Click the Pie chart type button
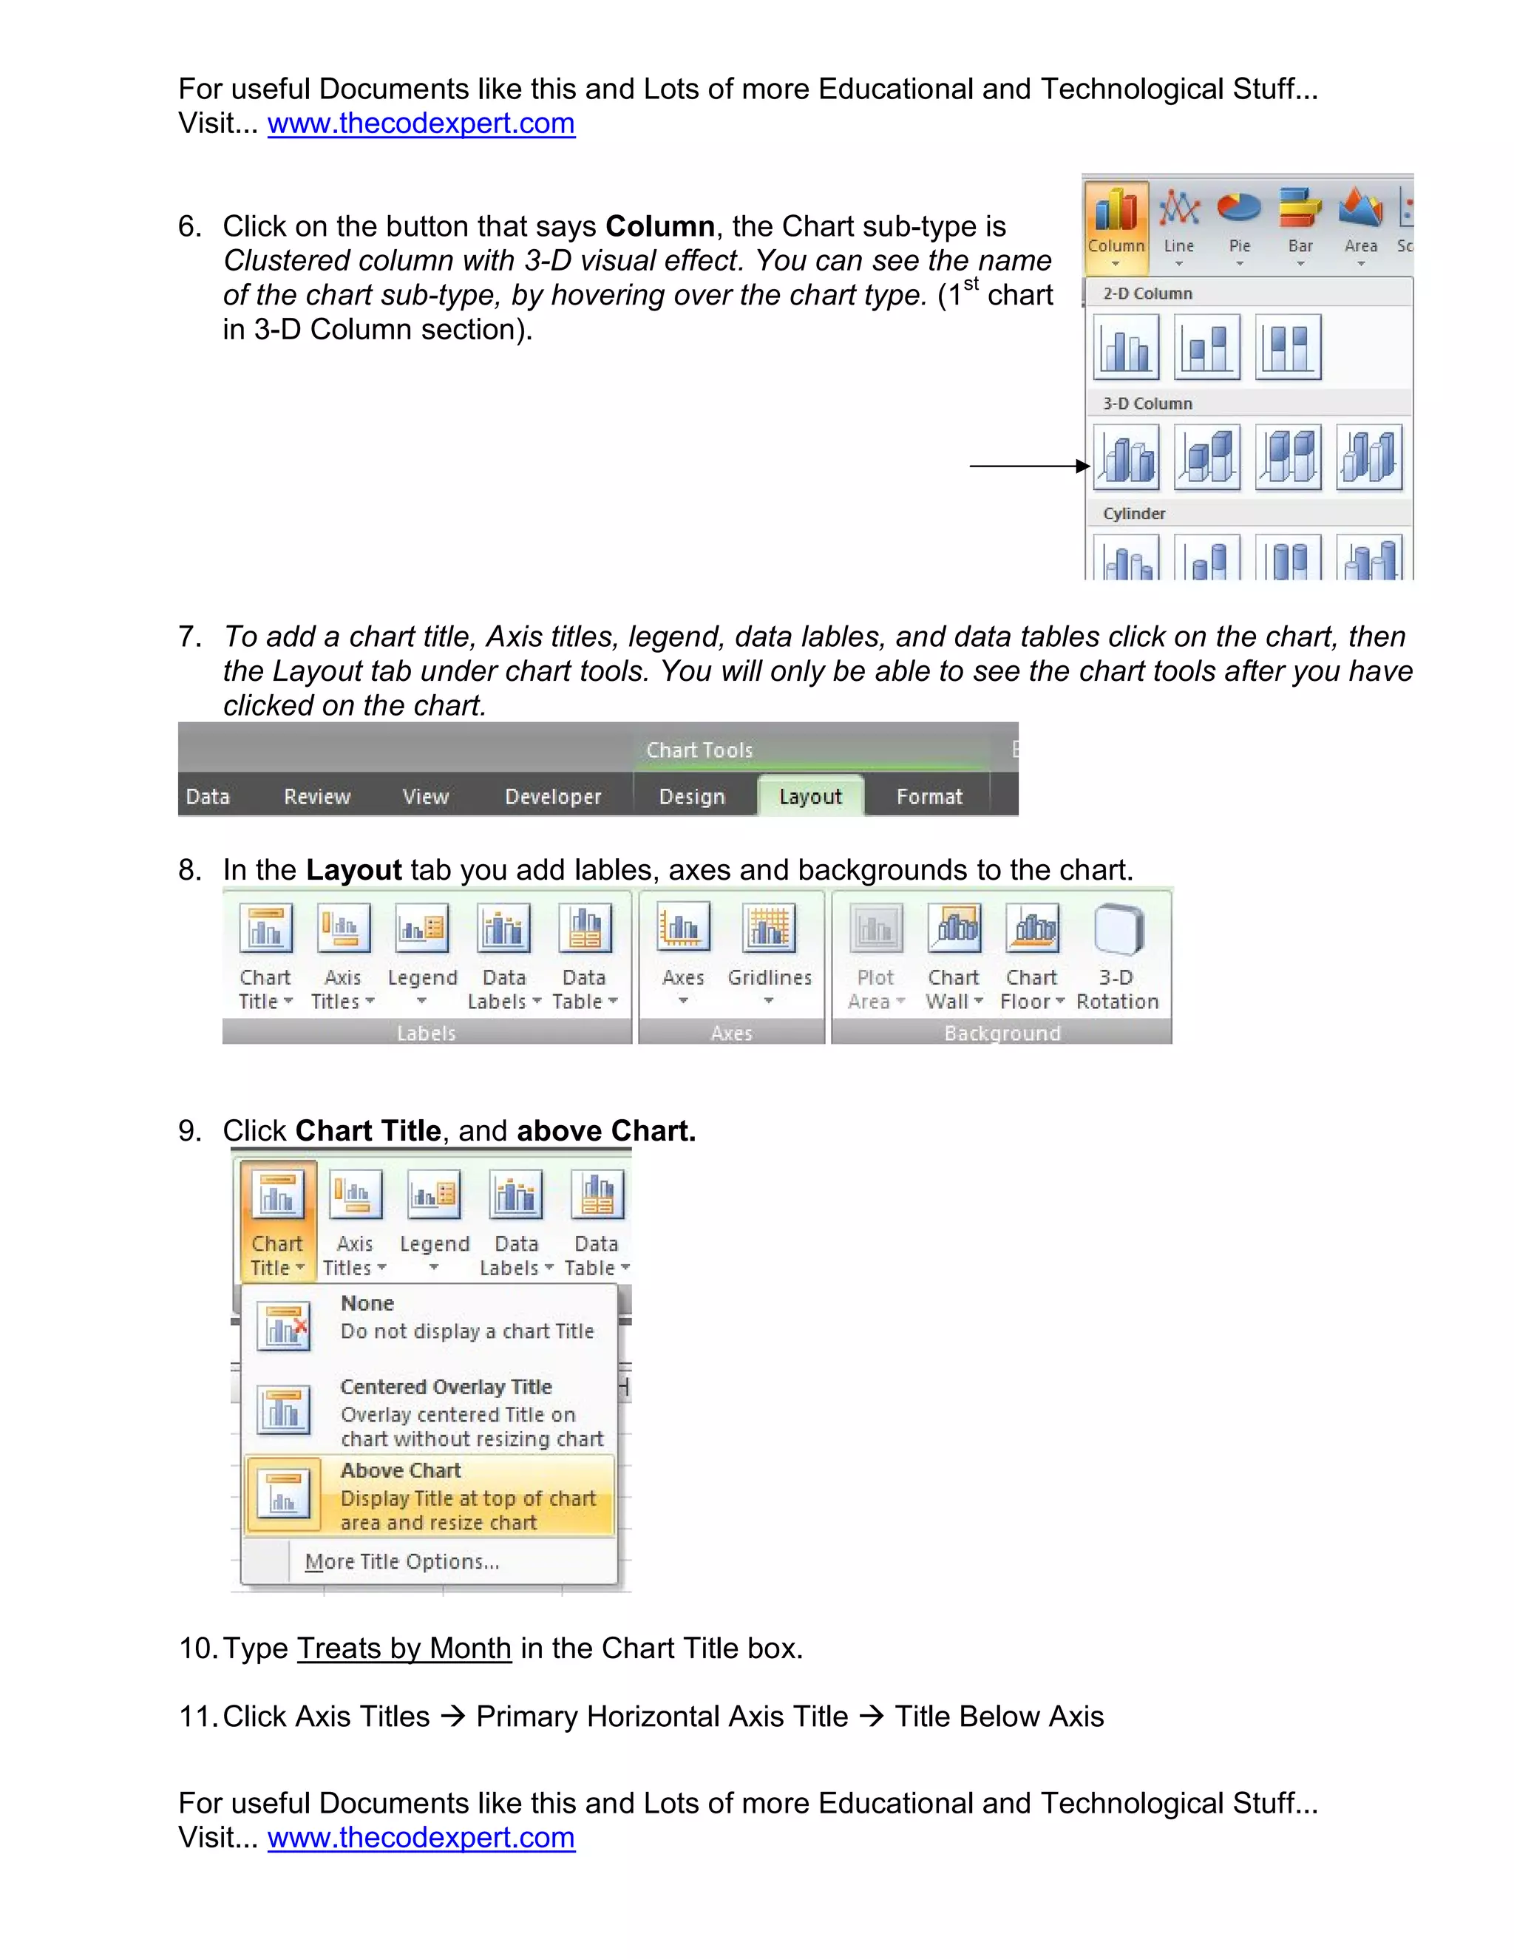(x=1239, y=224)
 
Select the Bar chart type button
(x=1300, y=224)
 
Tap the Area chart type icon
(x=1359, y=224)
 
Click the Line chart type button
(x=1178, y=224)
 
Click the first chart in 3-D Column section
(x=1127, y=458)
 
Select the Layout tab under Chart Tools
(x=810, y=795)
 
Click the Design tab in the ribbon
(x=691, y=795)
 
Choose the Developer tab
(x=552, y=795)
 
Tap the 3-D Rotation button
(x=1117, y=956)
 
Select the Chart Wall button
(x=954, y=956)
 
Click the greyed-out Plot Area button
(x=875, y=956)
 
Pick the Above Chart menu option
(x=430, y=1495)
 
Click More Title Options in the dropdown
(x=402, y=1561)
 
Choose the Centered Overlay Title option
(x=430, y=1411)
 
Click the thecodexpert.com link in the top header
(x=421, y=123)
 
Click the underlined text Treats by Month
(x=404, y=1648)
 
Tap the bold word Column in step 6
(x=659, y=226)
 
